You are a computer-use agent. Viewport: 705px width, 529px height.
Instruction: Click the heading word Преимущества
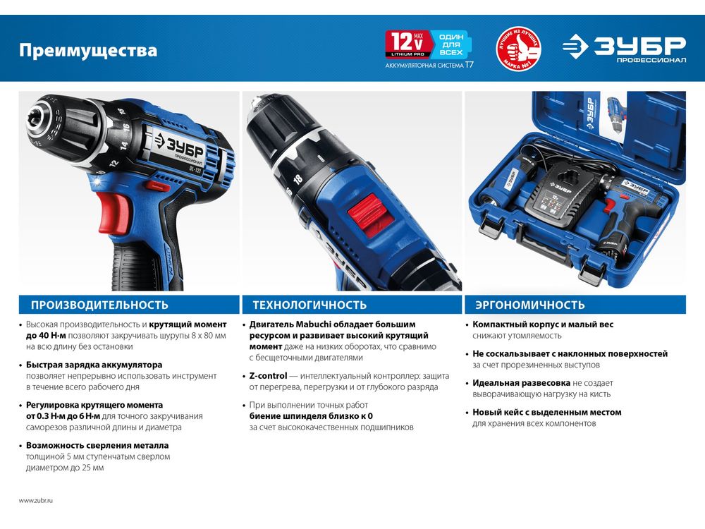[x=88, y=50]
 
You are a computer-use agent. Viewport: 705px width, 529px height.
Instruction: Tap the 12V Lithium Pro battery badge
[x=407, y=44]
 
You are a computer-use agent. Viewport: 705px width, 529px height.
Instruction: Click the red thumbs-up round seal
[x=518, y=48]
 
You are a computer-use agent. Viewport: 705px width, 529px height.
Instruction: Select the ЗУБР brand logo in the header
[x=624, y=48]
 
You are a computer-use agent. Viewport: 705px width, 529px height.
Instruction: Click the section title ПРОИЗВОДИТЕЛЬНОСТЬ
[x=99, y=305]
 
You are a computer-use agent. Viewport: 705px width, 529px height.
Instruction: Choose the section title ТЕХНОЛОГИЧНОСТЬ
[x=309, y=305]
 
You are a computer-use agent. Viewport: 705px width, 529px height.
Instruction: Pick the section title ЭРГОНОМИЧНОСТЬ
[x=530, y=305]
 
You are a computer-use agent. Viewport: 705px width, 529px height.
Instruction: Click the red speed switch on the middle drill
[x=372, y=215]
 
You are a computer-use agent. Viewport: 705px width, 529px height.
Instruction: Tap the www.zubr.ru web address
[x=36, y=500]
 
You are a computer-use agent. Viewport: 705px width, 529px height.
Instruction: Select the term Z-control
[x=268, y=376]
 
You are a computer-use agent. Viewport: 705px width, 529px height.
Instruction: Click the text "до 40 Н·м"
[x=46, y=336]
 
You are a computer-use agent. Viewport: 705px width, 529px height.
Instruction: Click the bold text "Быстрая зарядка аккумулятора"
[x=94, y=365]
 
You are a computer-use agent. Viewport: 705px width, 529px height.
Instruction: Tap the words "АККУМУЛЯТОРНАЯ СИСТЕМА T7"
[x=429, y=65]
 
